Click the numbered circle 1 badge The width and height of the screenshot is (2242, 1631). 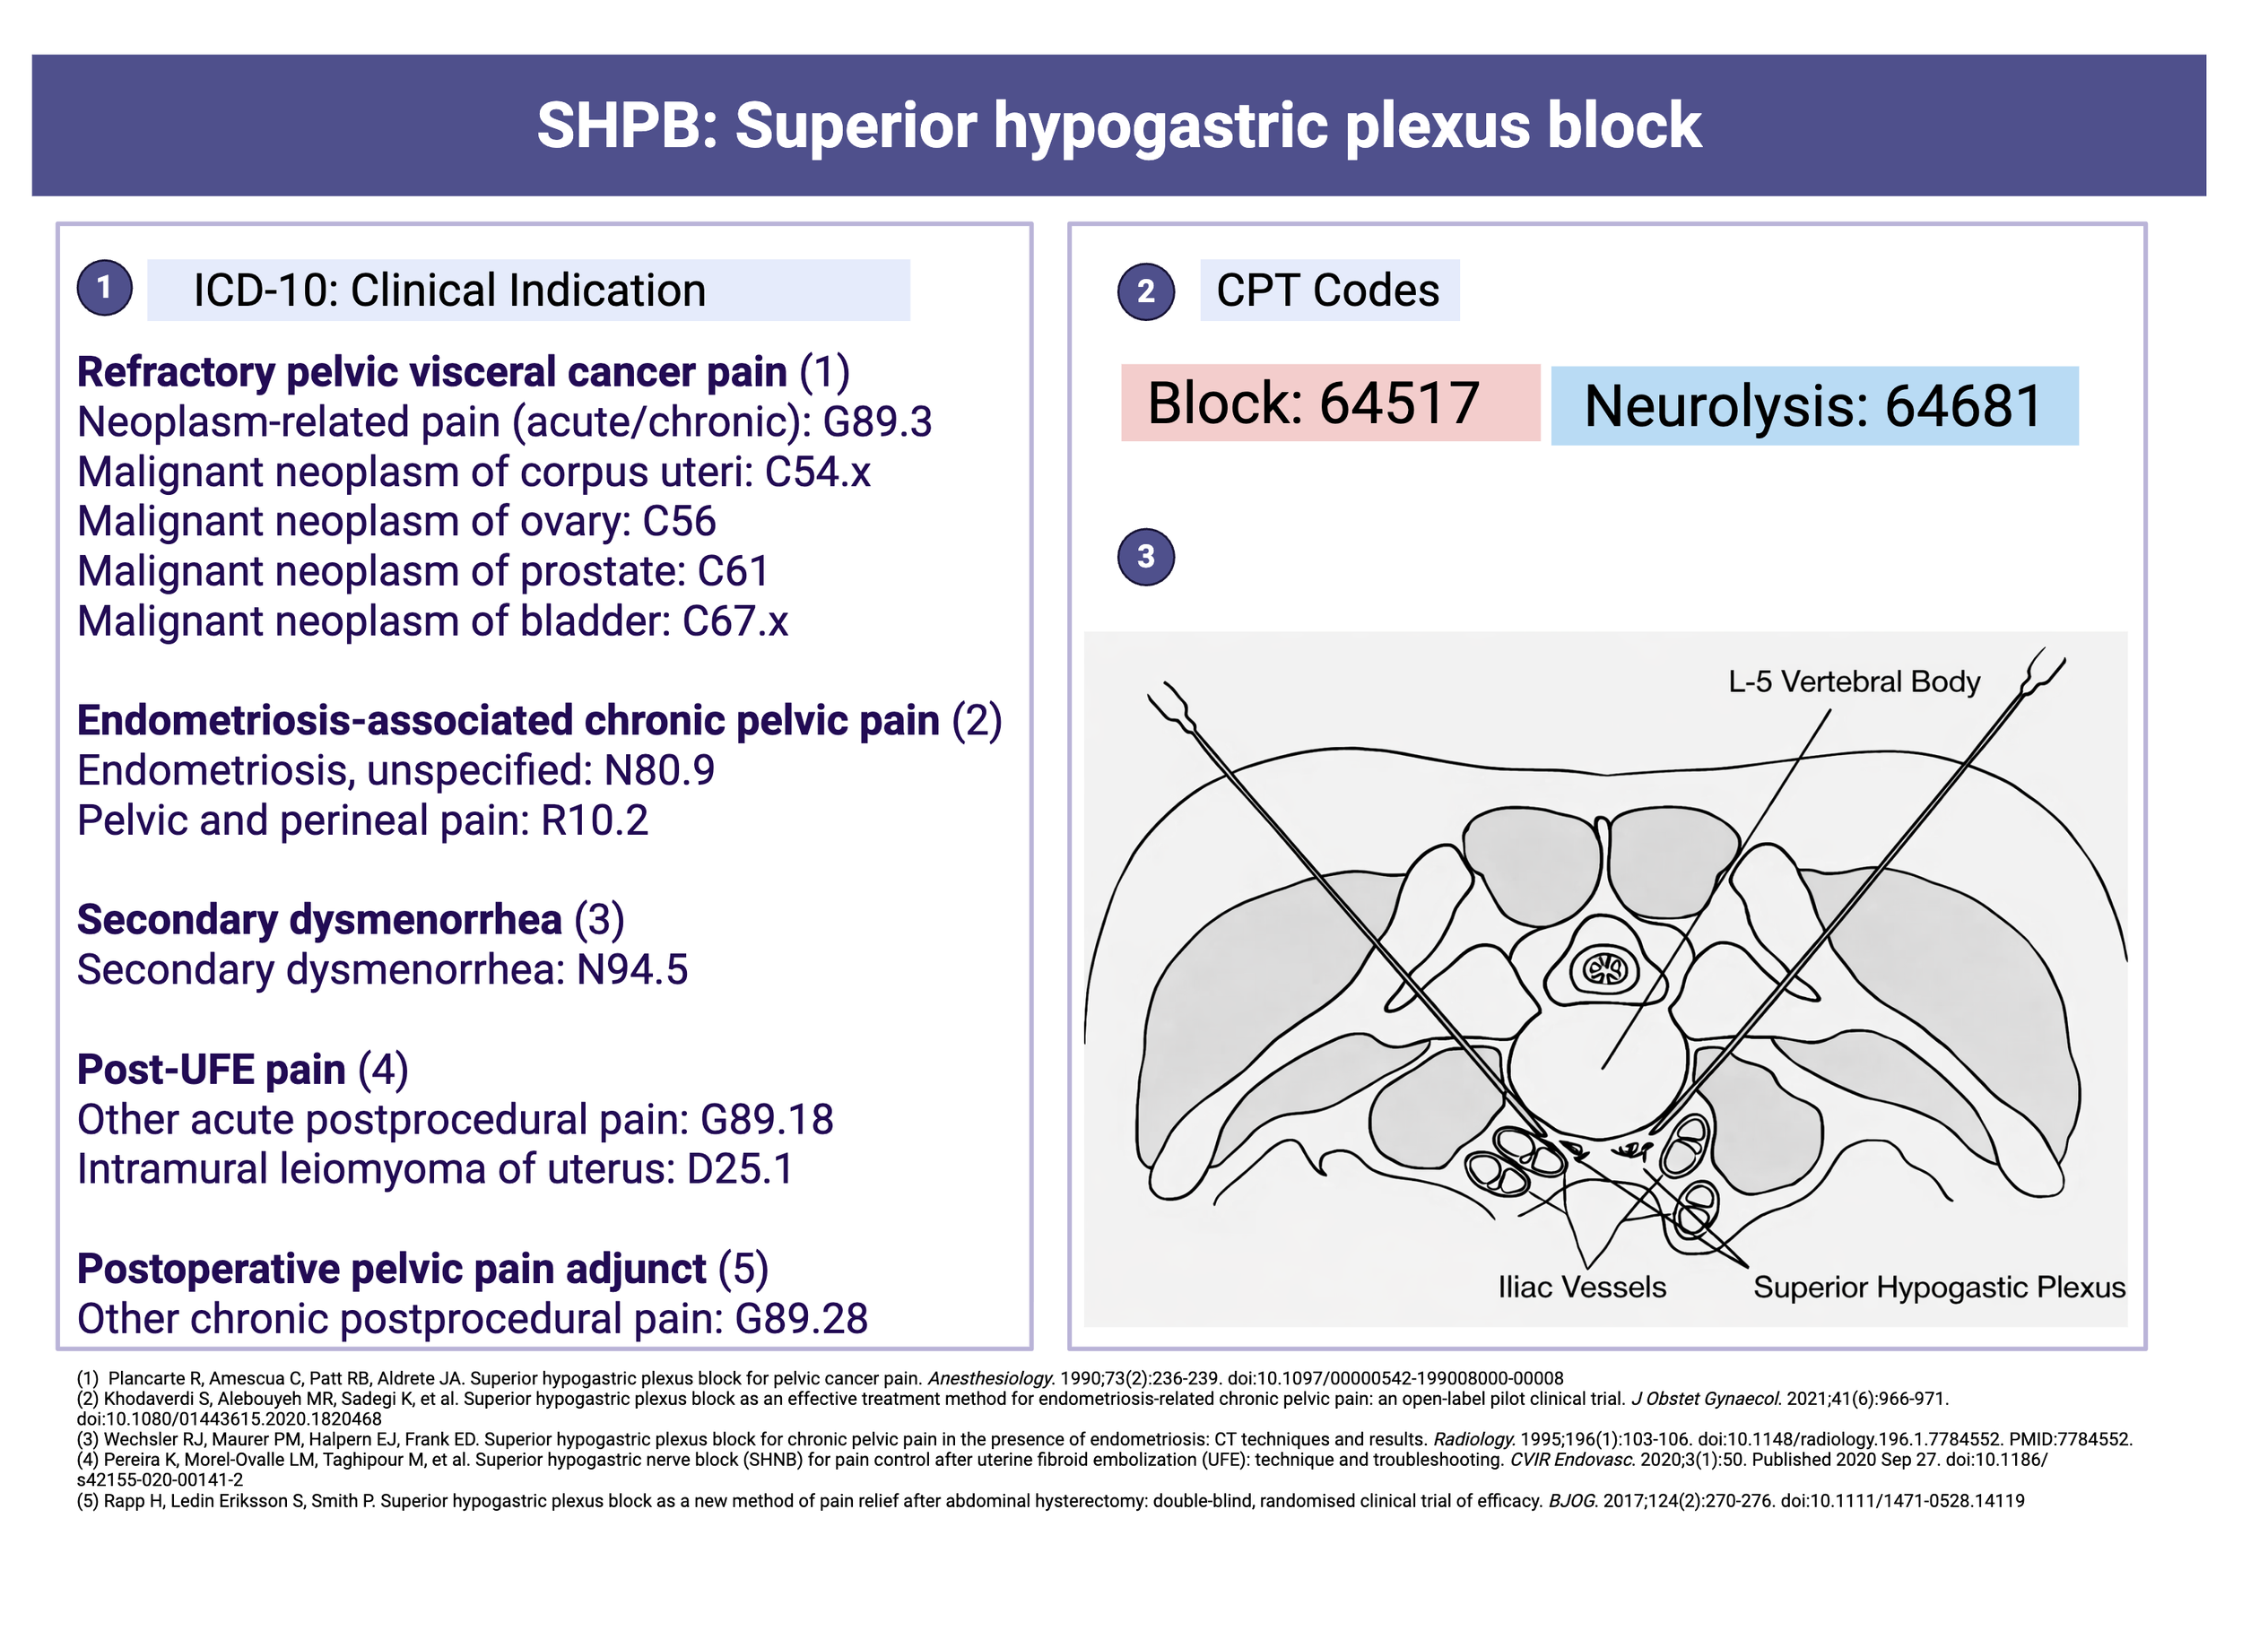pyautogui.click(x=104, y=288)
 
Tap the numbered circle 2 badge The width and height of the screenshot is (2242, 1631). pyautogui.click(x=1146, y=291)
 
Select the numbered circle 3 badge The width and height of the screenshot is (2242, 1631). pyautogui.click(x=1146, y=557)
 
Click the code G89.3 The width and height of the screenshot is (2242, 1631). pyautogui.click(x=877, y=422)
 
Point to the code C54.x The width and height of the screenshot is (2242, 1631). pyautogui.click(x=818, y=473)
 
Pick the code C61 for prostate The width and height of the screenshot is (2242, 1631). pyautogui.click(x=733, y=571)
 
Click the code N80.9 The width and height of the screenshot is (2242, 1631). pyautogui.click(x=659, y=771)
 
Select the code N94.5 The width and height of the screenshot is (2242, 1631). pyautogui.click(x=631, y=969)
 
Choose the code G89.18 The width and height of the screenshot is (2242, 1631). pyautogui.click(x=766, y=1120)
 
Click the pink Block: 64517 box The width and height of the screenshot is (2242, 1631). pyautogui.click(x=1330, y=403)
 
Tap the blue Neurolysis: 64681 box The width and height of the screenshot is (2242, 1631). pyautogui.click(x=1813, y=406)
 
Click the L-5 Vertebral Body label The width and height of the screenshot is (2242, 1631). pyautogui.click(x=1854, y=682)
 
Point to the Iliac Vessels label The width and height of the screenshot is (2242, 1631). pyautogui.click(x=1582, y=1287)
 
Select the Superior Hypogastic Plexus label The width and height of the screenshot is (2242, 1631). pyautogui.click(x=1939, y=1287)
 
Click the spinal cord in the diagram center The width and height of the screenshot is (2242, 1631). pyautogui.click(x=1604, y=968)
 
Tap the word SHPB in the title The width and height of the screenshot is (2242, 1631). pyautogui.click(x=619, y=126)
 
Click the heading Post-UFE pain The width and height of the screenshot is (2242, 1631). pyautogui.click(x=212, y=1070)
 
